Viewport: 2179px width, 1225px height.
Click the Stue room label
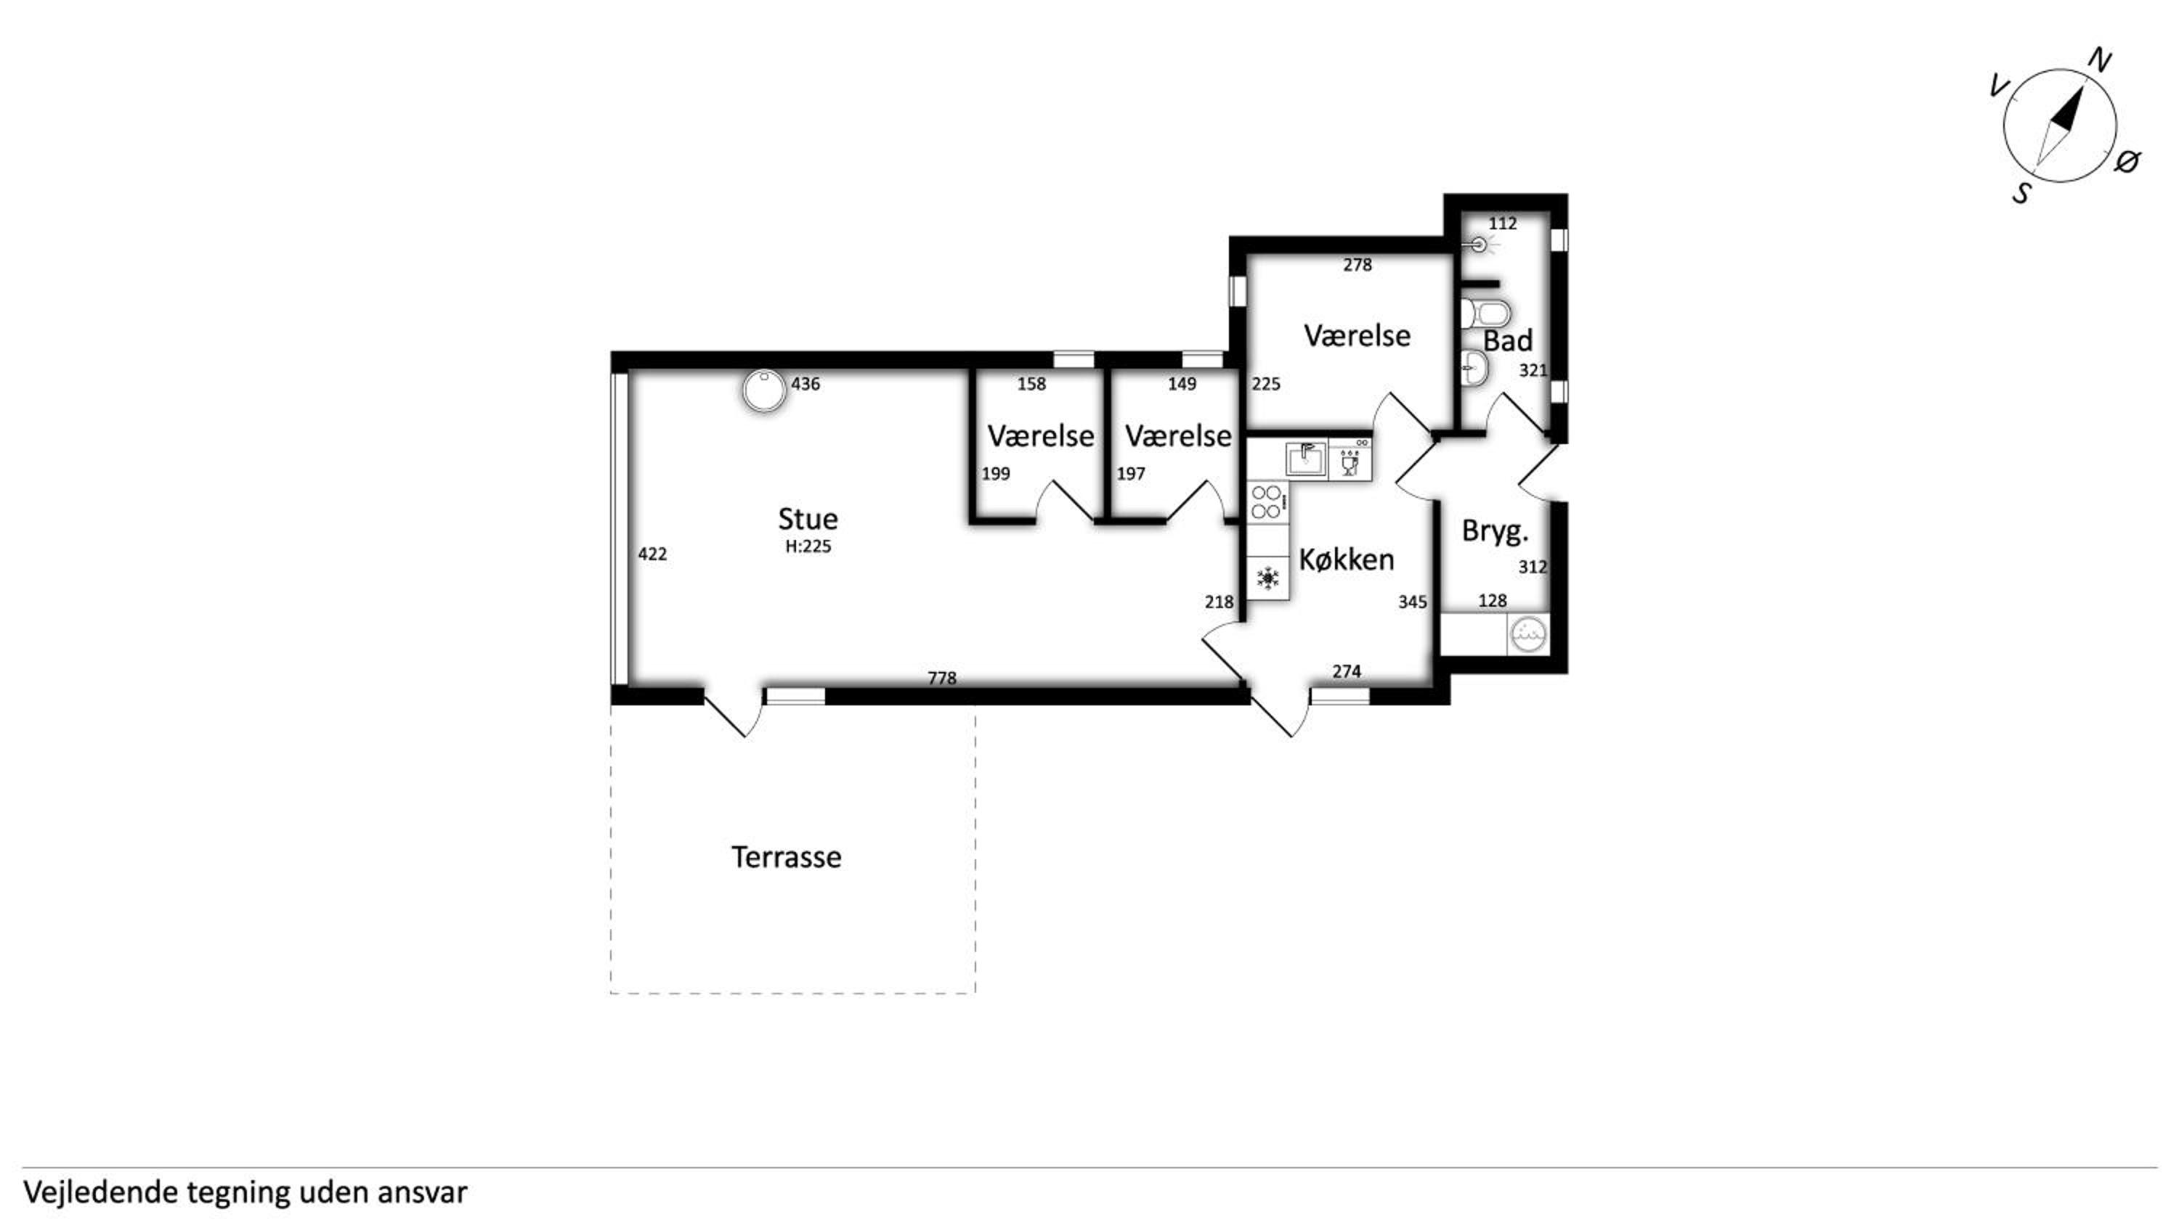[x=808, y=518]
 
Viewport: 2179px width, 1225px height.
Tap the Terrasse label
[x=787, y=856]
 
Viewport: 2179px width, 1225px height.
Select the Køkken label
[x=1347, y=559]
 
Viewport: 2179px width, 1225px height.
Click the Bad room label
[x=1508, y=340]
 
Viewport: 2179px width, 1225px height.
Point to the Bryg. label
[x=1496, y=532]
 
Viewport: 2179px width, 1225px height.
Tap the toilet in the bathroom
[x=1485, y=313]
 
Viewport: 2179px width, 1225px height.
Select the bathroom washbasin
[x=1474, y=369]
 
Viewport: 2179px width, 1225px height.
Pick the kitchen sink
[x=1307, y=459]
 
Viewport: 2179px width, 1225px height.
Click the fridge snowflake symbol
[x=1267, y=578]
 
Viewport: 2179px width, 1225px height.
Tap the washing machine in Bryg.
[x=1528, y=634]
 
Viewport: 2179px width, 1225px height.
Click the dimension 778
[x=941, y=678]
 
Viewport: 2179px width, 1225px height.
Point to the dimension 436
[x=806, y=384]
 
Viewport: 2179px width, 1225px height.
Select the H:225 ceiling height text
[x=808, y=546]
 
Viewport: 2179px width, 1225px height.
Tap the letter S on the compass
[x=2021, y=194]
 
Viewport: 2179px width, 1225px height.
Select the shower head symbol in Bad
[x=1480, y=245]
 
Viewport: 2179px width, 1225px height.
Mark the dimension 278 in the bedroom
[x=1358, y=265]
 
